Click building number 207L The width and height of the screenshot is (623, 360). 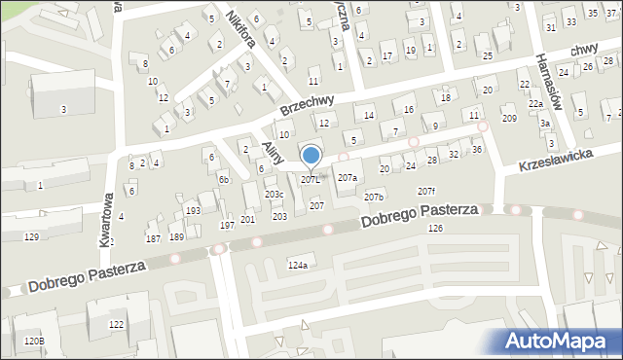tap(311, 180)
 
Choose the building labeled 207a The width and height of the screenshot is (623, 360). tap(348, 178)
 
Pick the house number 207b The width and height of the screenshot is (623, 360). tap(374, 198)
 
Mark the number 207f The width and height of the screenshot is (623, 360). tap(426, 191)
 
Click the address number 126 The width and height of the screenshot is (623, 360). tap(434, 228)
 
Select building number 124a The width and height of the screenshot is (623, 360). tap(298, 266)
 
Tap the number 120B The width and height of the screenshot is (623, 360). tap(34, 342)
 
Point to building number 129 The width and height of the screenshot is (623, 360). tap(32, 237)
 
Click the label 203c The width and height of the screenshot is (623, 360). tap(274, 195)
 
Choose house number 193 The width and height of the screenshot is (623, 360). tap(193, 210)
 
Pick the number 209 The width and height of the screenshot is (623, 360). tap(508, 119)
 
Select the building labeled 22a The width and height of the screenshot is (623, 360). tap(535, 104)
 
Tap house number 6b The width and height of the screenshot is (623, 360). tap(223, 179)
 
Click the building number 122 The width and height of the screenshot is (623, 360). tap(117, 324)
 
